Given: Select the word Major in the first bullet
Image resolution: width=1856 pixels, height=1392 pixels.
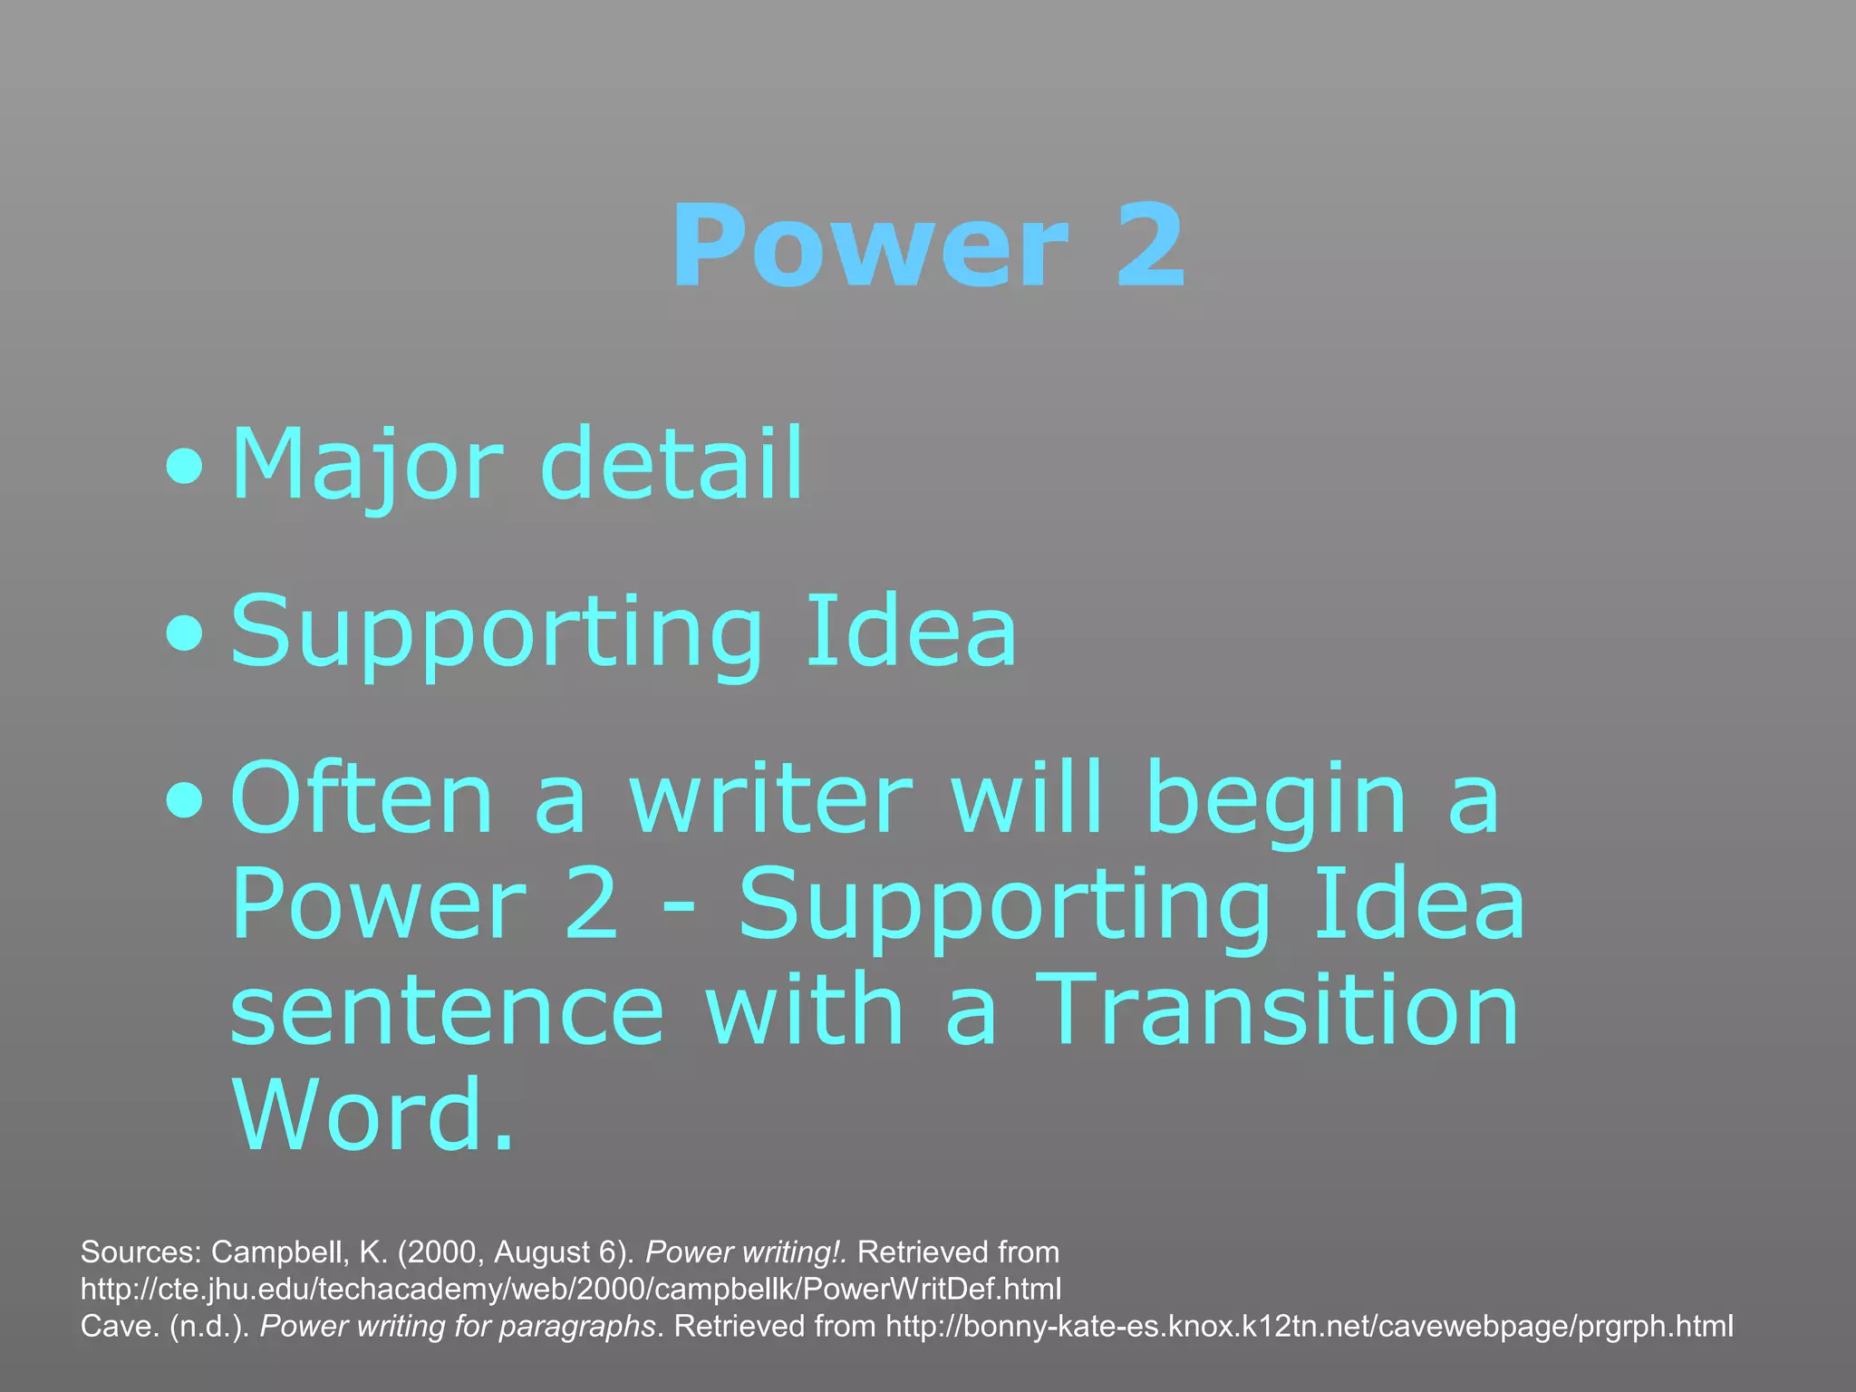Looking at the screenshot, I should pyautogui.click(x=366, y=465).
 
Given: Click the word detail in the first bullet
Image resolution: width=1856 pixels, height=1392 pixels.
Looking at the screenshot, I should pyautogui.click(x=672, y=463).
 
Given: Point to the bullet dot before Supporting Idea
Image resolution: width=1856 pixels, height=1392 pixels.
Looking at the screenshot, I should pyautogui.click(x=185, y=635).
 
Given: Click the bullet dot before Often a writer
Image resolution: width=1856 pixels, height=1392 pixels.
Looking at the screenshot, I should pyautogui.click(x=185, y=801).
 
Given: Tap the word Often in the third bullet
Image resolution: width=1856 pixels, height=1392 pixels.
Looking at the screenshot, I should pyautogui.click(x=362, y=797).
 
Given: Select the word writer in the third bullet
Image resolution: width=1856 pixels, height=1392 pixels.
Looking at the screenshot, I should pyautogui.click(x=771, y=797).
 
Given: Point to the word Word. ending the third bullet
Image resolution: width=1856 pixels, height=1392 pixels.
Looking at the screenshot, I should pyautogui.click(x=372, y=1114).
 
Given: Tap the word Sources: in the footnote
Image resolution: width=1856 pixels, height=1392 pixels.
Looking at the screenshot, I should pyautogui.click(x=140, y=1252).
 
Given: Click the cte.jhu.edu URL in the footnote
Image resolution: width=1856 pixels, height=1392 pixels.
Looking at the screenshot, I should pyautogui.click(x=571, y=1289).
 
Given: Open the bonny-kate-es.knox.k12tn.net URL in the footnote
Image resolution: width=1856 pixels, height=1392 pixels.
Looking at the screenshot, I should pyautogui.click(x=1310, y=1326).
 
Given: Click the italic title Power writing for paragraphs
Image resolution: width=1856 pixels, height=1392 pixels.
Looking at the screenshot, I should pyautogui.click(x=458, y=1327).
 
